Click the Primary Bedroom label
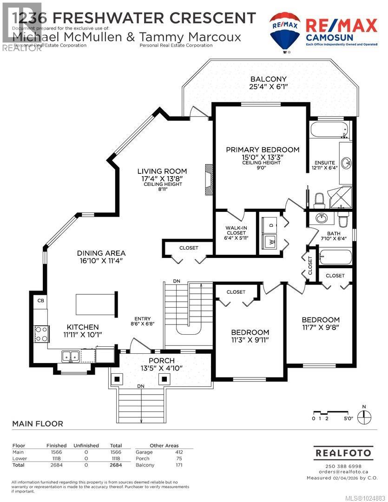click(x=263, y=150)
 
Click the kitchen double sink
click(x=71, y=357)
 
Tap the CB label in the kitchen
click(x=40, y=300)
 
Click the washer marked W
click(x=270, y=241)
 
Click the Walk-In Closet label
click(x=237, y=230)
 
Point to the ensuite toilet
click(x=319, y=200)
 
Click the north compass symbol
click(x=364, y=415)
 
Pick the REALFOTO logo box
click(x=344, y=452)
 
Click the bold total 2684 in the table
click(x=115, y=465)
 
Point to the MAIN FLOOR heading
click(x=37, y=423)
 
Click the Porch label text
click(x=161, y=361)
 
